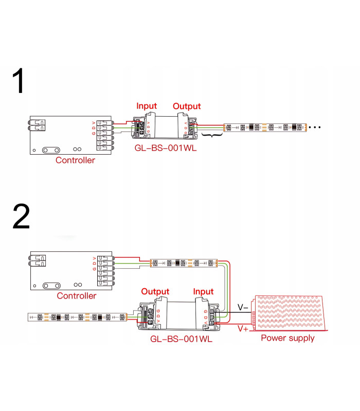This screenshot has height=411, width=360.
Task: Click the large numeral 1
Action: point(20,82)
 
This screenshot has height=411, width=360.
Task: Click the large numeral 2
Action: point(21,217)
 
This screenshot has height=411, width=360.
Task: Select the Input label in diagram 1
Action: point(147,106)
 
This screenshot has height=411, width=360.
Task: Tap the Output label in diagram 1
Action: point(187,106)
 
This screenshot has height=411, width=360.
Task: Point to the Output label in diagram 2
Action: point(155,291)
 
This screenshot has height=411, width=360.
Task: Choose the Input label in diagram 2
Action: point(203,291)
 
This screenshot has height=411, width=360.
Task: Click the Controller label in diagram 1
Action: point(75,160)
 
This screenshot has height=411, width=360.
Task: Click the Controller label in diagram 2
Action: point(76,296)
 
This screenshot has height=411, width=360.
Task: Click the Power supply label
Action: point(287,338)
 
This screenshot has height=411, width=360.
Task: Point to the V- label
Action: point(243,308)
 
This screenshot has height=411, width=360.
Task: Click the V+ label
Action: point(243,328)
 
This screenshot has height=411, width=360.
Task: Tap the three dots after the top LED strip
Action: point(314,126)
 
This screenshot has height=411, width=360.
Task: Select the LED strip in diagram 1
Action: point(264,126)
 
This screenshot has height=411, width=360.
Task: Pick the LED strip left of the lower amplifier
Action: point(77,317)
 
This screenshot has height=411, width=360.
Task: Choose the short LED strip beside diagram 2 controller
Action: point(183,263)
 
